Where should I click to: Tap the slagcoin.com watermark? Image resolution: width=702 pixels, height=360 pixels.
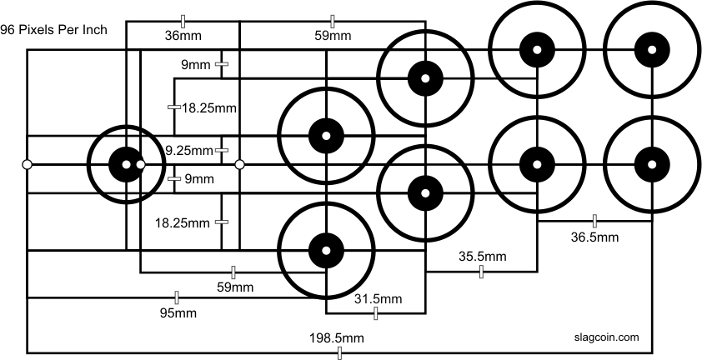click(x=606, y=337)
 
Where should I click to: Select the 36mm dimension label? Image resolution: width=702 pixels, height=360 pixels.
click(x=183, y=36)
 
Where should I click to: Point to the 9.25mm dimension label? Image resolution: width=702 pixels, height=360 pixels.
click(x=189, y=151)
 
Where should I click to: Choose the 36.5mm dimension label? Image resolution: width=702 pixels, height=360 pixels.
click(x=594, y=237)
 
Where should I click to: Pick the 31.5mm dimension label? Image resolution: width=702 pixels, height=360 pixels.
click(x=378, y=298)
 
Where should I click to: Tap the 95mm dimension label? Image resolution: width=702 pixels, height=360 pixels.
click(x=178, y=313)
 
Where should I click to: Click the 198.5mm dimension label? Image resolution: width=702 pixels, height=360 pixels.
click(x=337, y=338)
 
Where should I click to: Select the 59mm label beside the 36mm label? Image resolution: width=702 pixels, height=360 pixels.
click(x=333, y=36)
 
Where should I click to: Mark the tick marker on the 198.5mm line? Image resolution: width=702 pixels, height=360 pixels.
click(x=339, y=353)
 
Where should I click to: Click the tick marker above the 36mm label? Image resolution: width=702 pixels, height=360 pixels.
click(x=183, y=21)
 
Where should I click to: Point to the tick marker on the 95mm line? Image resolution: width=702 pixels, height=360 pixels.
click(x=177, y=297)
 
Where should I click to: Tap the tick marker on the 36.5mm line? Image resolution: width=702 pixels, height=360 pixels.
click(x=594, y=221)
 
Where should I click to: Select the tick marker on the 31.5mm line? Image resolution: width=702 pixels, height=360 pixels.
click(x=376, y=313)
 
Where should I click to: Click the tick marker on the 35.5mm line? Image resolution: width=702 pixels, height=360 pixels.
click(x=481, y=272)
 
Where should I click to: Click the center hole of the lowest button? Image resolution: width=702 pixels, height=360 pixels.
click(x=326, y=250)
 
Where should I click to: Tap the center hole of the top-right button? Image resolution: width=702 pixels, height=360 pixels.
click(x=652, y=50)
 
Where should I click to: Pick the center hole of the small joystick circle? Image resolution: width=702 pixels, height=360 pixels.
click(x=126, y=165)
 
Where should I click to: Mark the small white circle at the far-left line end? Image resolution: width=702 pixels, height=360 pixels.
click(x=27, y=165)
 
